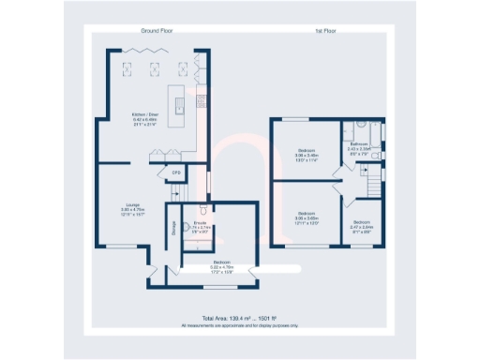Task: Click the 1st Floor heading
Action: point(325,31)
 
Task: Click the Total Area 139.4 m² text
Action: point(239,319)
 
